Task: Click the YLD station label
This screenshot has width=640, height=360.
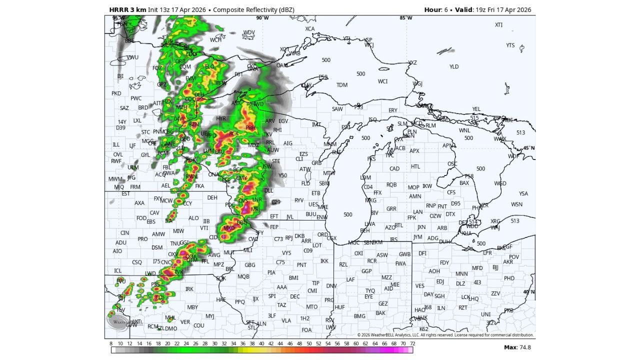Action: tap(453, 66)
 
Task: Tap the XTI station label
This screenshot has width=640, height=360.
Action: tap(498, 25)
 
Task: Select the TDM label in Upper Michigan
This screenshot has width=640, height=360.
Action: tap(342, 85)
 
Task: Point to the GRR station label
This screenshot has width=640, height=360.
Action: tap(391, 209)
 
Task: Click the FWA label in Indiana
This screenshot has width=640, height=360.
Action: tap(400, 263)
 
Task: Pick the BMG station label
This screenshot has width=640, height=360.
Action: tap(359, 316)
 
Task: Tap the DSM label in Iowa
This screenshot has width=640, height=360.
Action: tap(157, 247)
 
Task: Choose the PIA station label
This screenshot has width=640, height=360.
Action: tap(271, 272)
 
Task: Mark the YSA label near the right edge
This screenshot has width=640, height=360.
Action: tap(523, 193)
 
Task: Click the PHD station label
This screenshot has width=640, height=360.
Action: tap(509, 278)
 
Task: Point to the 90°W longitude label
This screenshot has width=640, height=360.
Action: tap(262, 18)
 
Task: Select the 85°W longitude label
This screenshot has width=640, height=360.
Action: tap(405, 18)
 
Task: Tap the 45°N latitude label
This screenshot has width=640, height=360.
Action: tap(528, 148)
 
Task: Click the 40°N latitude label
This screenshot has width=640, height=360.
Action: tap(528, 292)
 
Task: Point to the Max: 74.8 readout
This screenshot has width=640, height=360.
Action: tap(517, 347)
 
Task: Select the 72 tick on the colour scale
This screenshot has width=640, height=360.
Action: tap(411, 344)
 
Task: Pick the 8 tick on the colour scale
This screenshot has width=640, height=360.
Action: tap(111, 344)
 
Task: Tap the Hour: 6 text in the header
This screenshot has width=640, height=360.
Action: tap(434, 9)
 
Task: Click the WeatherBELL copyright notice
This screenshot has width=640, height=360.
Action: tap(445, 335)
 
